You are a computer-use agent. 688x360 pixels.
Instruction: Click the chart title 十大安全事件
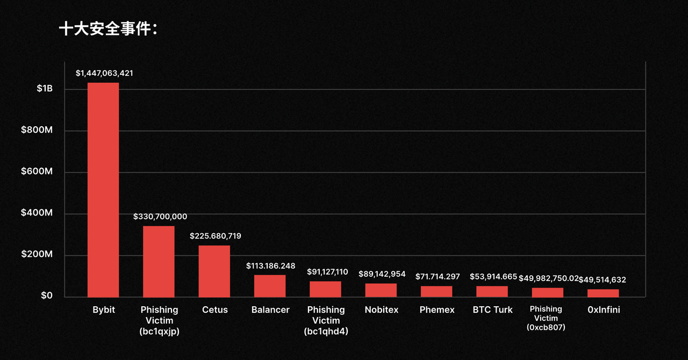pyautogui.click(x=107, y=30)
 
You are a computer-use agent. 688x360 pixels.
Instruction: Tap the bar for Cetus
pyautogui.click(x=214, y=271)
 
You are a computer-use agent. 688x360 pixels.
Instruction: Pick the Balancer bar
pyautogui.click(x=270, y=286)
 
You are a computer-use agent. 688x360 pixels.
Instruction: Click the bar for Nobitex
pyautogui.click(x=381, y=290)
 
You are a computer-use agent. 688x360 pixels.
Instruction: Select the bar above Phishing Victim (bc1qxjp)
pyautogui.click(x=159, y=261)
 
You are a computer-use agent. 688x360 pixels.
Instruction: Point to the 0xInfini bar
pyautogui.click(x=603, y=293)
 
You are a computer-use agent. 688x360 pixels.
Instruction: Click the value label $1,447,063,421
pyautogui.click(x=104, y=73)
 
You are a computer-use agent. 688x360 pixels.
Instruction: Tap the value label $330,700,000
pyautogui.click(x=160, y=217)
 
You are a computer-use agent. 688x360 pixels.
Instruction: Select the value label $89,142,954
pyautogui.click(x=382, y=274)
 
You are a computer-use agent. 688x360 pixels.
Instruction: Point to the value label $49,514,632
pyautogui.click(x=602, y=280)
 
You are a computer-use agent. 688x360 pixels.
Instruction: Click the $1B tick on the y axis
pyautogui.click(x=44, y=89)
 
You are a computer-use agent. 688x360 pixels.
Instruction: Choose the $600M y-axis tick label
pyautogui.click(x=37, y=172)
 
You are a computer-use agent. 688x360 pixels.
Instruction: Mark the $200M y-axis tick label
pyautogui.click(x=37, y=255)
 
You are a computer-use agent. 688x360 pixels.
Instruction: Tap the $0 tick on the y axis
pyautogui.click(x=47, y=296)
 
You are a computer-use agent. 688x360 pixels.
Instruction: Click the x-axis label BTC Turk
pyautogui.click(x=492, y=310)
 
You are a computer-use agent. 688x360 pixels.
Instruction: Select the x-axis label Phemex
pyautogui.click(x=437, y=310)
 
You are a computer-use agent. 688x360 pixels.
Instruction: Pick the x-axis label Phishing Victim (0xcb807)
pyautogui.click(x=546, y=318)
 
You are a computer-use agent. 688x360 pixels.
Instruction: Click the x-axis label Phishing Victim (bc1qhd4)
pyautogui.click(x=326, y=320)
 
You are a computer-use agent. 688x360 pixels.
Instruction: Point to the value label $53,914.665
pyautogui.click(x=493, y=277)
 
